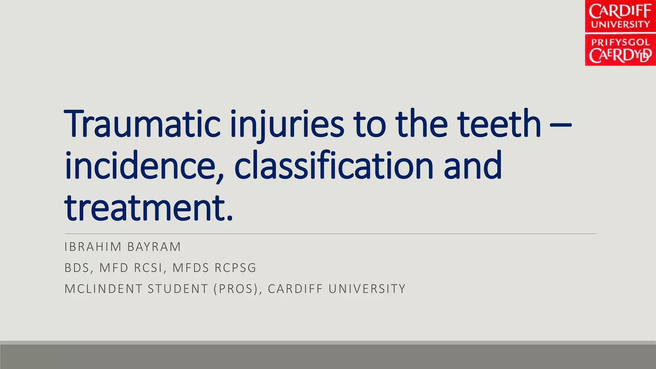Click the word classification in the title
[333, 166]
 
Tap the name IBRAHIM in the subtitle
[93, 247]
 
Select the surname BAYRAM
[154, 247]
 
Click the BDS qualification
[77, 268]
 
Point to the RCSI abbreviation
[148, 268]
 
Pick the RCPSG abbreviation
[235, 268]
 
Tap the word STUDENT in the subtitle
[178, 289]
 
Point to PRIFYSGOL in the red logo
[620, 42]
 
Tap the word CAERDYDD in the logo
[620, 56]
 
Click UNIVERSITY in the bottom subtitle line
[367, 289]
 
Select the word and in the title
[473, 166]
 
